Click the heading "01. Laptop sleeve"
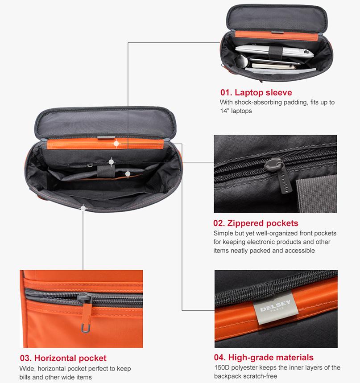[256, 93]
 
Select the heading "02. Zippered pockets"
[256, 223]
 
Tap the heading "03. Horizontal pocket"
[63, 358]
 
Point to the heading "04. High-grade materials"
[264, 357]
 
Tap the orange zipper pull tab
[86, 315]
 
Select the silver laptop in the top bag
[274, 52]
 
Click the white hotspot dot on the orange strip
[116, 144]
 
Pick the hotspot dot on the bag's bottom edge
[83, 208]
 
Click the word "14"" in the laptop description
[224, 111]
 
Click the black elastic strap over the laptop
[276, 53]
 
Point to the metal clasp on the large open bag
[106, 138]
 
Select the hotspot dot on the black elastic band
[111, 162]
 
